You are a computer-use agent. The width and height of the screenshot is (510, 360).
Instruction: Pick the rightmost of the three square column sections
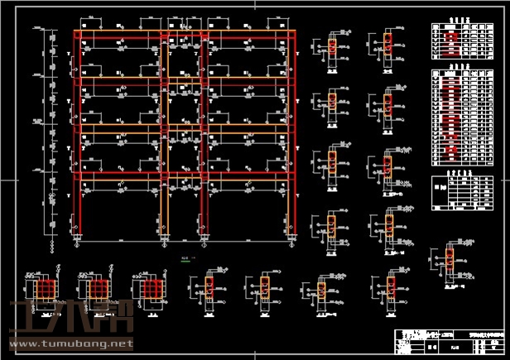[150, 289]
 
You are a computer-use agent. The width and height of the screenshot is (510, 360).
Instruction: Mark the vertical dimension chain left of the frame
[51, 132]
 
